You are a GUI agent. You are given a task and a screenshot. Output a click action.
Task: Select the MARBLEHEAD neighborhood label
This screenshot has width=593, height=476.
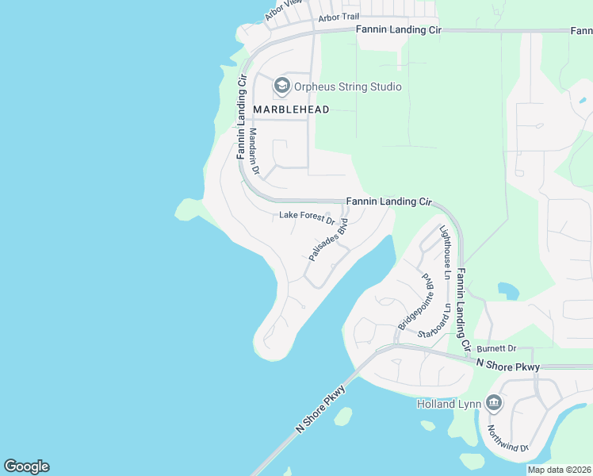(291, 109)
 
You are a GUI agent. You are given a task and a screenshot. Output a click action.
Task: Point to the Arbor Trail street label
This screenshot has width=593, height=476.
(339, 17)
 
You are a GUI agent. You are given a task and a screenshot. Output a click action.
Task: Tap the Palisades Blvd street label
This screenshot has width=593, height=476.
(328, 240)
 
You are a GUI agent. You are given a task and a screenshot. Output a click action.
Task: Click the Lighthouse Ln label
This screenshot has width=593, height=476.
(447, 251)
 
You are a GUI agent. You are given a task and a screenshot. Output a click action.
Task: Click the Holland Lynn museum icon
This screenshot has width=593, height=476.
(494, 404)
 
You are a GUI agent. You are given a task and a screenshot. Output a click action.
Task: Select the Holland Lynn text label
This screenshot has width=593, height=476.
(449, 404)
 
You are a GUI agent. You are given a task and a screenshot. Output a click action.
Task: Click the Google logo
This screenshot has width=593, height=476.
(26, 466)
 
